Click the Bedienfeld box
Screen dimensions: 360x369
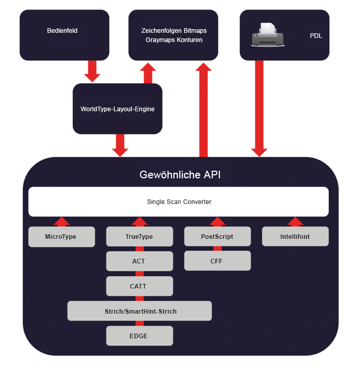64,35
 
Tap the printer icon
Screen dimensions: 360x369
268,35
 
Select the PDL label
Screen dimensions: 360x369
316,36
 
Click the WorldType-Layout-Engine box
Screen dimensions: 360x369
117,109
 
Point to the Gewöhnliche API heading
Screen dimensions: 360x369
180,175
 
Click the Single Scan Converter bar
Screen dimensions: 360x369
178,202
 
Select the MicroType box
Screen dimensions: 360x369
62,237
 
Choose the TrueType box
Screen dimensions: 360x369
139,236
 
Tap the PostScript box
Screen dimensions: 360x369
217,236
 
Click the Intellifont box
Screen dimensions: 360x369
295,236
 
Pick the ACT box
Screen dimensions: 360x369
139,261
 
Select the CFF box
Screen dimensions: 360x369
217,261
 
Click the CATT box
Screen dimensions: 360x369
139,286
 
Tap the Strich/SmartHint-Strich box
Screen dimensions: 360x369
139,311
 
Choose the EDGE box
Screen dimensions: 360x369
139,336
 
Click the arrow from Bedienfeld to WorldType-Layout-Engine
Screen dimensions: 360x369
92,71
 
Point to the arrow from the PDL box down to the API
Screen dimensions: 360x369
259,109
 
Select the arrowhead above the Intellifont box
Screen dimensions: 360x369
295,222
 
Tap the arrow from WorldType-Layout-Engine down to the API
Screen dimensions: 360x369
120,146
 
